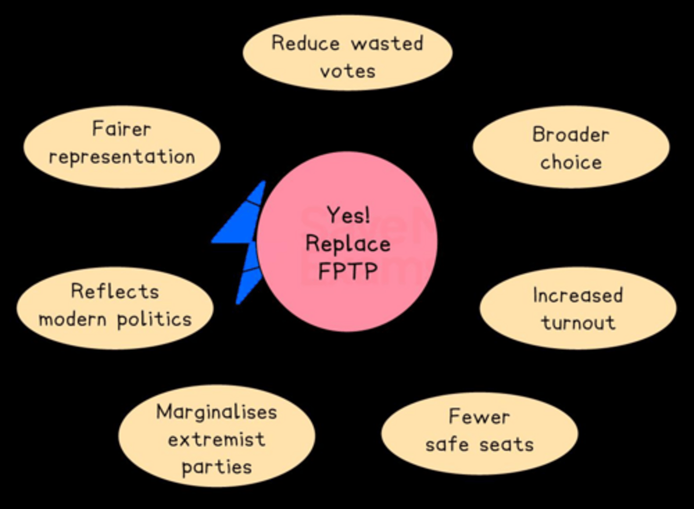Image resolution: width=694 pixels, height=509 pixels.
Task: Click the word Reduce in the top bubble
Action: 306,43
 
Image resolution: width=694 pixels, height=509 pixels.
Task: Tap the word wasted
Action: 387,43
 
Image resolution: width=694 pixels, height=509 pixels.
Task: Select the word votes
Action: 347,71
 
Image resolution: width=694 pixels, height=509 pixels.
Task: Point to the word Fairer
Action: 121,129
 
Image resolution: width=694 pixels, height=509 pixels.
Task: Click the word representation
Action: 122,157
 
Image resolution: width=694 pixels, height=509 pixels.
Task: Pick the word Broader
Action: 571,134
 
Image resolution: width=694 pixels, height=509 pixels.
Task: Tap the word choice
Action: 571,162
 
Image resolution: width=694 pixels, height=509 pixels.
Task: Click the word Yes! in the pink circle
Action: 348,215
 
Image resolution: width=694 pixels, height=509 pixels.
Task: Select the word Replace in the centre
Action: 348,243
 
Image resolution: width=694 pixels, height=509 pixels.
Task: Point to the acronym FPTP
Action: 348,271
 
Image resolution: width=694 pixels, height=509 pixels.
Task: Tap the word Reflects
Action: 115,291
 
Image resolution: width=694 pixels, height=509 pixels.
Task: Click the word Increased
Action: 577,295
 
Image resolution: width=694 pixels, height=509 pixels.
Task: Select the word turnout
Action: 578,322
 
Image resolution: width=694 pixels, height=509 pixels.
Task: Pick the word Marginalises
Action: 216,412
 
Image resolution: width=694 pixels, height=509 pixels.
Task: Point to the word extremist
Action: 216,439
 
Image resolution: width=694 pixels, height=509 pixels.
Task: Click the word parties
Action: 216,467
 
